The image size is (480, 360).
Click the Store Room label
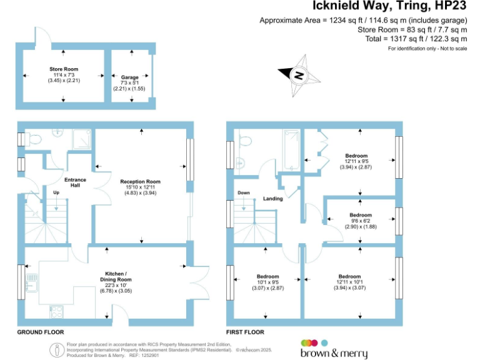[x=63, y=69]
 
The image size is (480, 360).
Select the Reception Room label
[x=141, y=182]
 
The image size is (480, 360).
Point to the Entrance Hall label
[x=75, y=182]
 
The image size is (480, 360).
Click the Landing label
[x=273, y=199]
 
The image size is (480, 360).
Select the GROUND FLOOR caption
[x=40, y=332]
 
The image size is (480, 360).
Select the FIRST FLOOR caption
[x=245, y=332]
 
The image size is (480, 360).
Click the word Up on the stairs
[x=56, y=192]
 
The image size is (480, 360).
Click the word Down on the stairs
[x=243, y=193]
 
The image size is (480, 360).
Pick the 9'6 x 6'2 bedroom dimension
[x=360, y=221]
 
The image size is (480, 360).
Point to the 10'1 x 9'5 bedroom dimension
[x=268, y=282]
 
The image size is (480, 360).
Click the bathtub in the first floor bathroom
[x=292, y=150]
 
